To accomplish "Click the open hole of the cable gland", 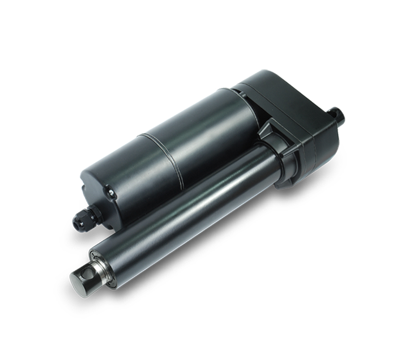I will tap(76, 223).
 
